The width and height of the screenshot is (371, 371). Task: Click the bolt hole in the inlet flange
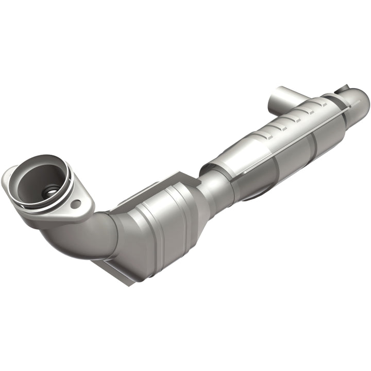(x=76, y=204)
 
